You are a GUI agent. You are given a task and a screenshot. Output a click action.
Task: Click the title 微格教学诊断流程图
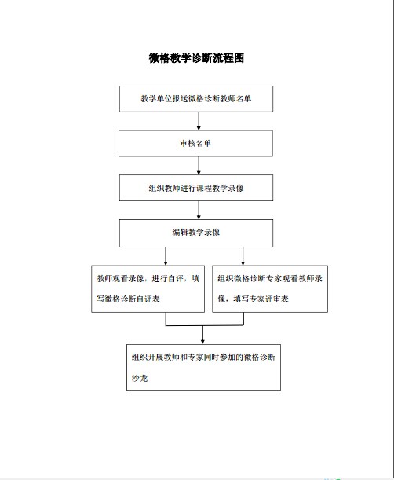pos(196,58)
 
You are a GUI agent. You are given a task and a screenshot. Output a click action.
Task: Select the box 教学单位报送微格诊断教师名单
pos(196,99)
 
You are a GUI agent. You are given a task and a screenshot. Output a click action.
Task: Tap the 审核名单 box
pos(195,143)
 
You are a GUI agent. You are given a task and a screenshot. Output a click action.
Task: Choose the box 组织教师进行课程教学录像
pos(196,188)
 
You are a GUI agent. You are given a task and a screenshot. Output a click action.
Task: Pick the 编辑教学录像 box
pos(196,233)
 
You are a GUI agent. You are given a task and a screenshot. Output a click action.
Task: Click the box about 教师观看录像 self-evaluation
pos(148,288)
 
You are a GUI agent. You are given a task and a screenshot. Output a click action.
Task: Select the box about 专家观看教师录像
pos(270,288)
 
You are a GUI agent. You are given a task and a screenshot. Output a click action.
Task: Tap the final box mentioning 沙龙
pos(204,368)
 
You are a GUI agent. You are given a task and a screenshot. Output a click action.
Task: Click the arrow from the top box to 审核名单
pos(199,121)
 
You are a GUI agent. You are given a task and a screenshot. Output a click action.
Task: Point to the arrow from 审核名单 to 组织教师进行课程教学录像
pos(199,166)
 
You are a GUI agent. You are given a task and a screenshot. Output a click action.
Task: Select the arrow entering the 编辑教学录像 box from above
pos(199,210)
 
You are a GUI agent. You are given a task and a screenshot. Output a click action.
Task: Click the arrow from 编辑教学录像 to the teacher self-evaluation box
pos(166,256)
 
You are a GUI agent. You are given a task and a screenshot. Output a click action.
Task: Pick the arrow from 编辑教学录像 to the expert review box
pos(243,256)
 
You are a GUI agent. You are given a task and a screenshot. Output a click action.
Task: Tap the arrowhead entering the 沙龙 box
pos(202,342)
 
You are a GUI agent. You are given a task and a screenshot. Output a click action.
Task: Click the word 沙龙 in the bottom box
pos(140,379)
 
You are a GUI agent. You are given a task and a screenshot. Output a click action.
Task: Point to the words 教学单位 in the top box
pos(157,98)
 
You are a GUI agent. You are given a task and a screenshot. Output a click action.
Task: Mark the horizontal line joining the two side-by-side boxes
pos(205,325)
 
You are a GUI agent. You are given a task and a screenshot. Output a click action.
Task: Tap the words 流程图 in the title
pos(228,58)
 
